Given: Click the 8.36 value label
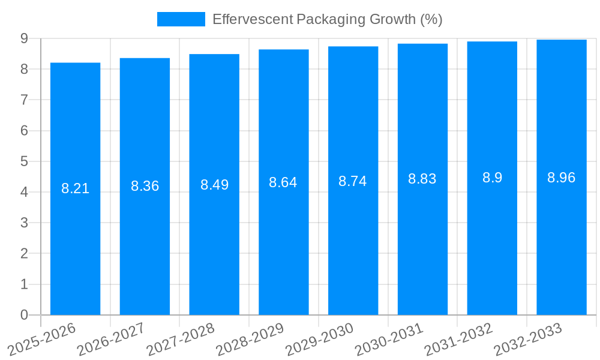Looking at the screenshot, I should [145, 186].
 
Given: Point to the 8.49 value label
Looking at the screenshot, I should [214, 185].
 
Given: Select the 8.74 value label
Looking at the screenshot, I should [352, 182].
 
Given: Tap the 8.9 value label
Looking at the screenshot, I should [492, 178].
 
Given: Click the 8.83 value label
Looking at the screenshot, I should [422, 179].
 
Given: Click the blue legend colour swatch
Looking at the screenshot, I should [181, 19].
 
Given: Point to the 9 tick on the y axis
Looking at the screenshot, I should [24, 38].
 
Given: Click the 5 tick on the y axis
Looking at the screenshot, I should [24, 161].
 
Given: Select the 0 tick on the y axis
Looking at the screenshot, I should [24, 315].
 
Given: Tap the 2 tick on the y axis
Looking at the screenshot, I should [24, 254].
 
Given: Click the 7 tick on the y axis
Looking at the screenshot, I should [24, 100].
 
